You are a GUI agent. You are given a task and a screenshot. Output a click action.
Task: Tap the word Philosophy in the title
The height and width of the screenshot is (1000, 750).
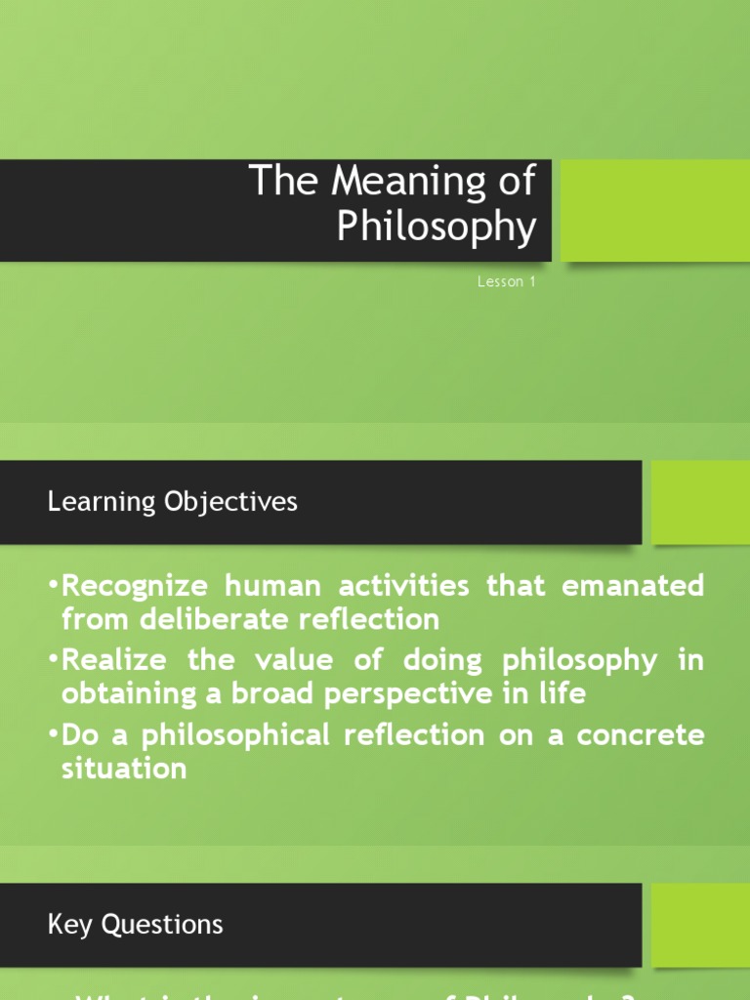click(x=437, y=228)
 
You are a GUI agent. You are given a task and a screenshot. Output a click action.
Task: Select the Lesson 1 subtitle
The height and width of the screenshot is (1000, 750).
click(x=507, y=283)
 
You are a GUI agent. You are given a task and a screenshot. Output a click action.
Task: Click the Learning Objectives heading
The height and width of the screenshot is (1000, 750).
click(x=172, y=502)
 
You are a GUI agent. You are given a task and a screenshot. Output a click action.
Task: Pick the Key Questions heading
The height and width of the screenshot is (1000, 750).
click(x=135, y=925)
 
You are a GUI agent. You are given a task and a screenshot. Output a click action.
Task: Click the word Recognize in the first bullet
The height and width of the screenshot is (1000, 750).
click(x=135, y=586)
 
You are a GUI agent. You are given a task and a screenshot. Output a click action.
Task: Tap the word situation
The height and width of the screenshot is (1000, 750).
click(x=124, y=768)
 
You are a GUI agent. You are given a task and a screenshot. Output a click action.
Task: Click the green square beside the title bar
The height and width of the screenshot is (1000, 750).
click(x=654, y=210)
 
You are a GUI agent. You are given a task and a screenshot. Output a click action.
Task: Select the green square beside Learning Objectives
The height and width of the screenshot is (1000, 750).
click(x=700, y=502)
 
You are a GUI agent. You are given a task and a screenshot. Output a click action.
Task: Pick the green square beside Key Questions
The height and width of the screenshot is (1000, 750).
click(x=700, y=925)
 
